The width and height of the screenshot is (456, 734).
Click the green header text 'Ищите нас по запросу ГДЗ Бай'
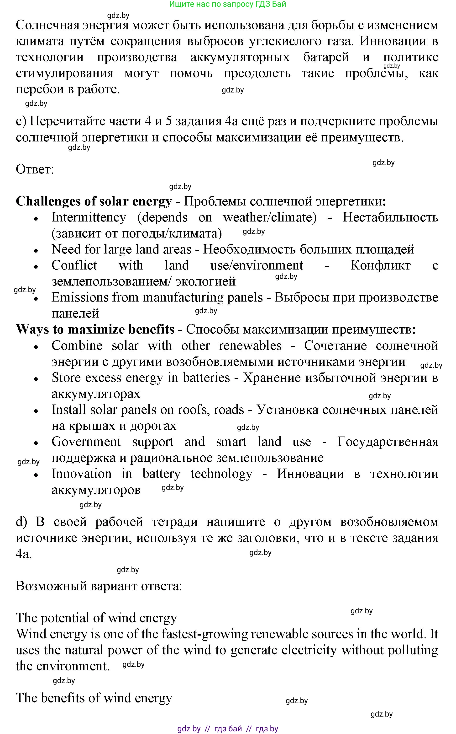(x=227, y=4)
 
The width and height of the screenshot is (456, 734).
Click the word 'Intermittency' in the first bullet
(x=89, y=217)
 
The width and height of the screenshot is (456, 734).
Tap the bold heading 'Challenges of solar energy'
(x=94, y=201)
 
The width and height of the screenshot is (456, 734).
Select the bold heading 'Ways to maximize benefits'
(x=95, y=329)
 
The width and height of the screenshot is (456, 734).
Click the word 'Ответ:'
(x=35, y=169)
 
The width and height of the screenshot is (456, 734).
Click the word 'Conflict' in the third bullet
(x=74, y=265)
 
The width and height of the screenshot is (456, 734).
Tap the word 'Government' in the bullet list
(x=86, y=442)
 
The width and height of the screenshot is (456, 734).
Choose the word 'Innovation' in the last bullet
(x=81, y=474)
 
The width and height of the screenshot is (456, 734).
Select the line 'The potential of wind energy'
(x=96, y=618)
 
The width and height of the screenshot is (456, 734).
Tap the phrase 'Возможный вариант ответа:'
(x=99, y=586)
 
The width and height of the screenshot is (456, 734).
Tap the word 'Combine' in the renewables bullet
(x=77, y=346)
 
